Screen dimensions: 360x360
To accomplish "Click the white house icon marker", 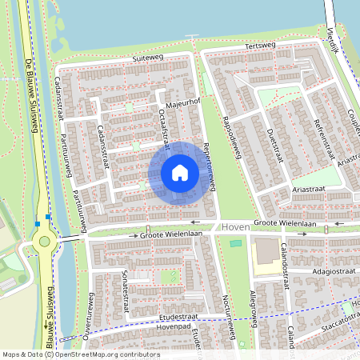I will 179,172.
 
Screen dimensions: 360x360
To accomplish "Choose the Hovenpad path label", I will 174,327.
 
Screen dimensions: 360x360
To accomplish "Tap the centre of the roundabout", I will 44,240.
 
